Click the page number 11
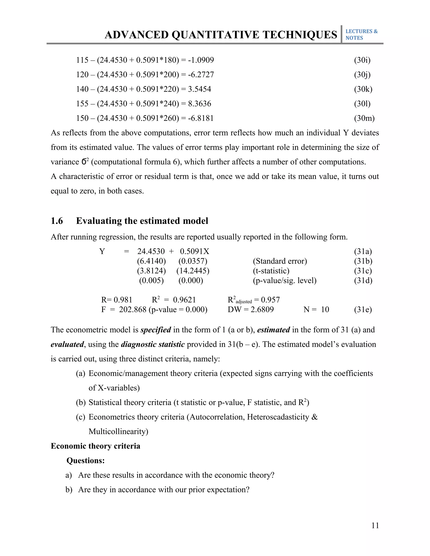(x=375, y=525)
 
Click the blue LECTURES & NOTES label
(x=361, y=35)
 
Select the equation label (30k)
(x=363, y=89)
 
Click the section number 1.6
(x=57, y=221)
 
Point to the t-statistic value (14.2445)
(x=193, y=271)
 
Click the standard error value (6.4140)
(x=151, y=261)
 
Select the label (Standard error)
(x=280, y=261)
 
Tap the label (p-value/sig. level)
(x=284, y=280)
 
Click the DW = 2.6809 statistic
(x=251, y=309)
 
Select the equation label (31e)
(x=363, y=309)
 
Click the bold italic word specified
(x=156, y=330)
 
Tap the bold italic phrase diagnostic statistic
(x=153, y=344)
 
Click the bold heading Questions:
(x=86, y=460)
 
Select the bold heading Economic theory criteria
(x=96, y=446)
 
